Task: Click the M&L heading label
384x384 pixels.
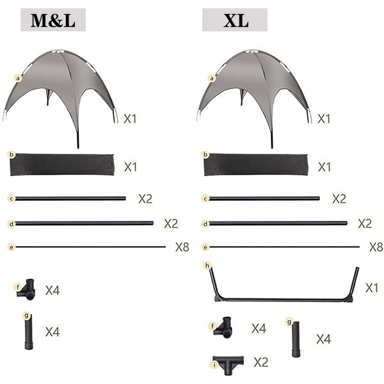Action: pyautogui.click(x=53, y=20)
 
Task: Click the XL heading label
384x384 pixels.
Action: pyautogui.click(x=235, y=20)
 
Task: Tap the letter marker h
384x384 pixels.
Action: pyautogui.click(x=207, y=266)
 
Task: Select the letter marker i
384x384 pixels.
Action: pyautogui.click(x=215, y=365)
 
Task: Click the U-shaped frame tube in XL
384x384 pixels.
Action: pyautogui.click(x=284, y=300)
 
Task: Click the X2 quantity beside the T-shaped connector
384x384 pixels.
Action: pyautogui.click(x=261, y=362)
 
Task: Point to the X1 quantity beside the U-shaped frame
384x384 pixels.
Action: pyautogui.click(x=372, y=288)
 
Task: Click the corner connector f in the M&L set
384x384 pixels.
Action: pyautogui.click(x=26, y=289)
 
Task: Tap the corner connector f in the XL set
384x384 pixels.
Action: pyautogui.click(x=223, y=328)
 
